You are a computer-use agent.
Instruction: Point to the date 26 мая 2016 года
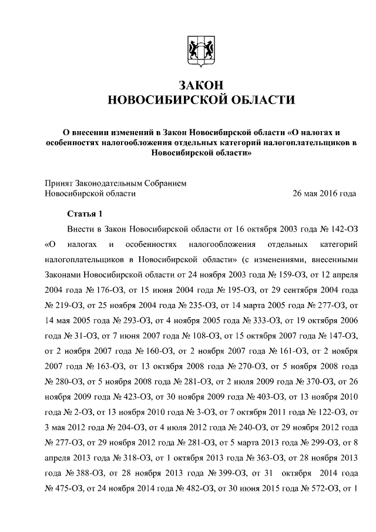324,193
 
